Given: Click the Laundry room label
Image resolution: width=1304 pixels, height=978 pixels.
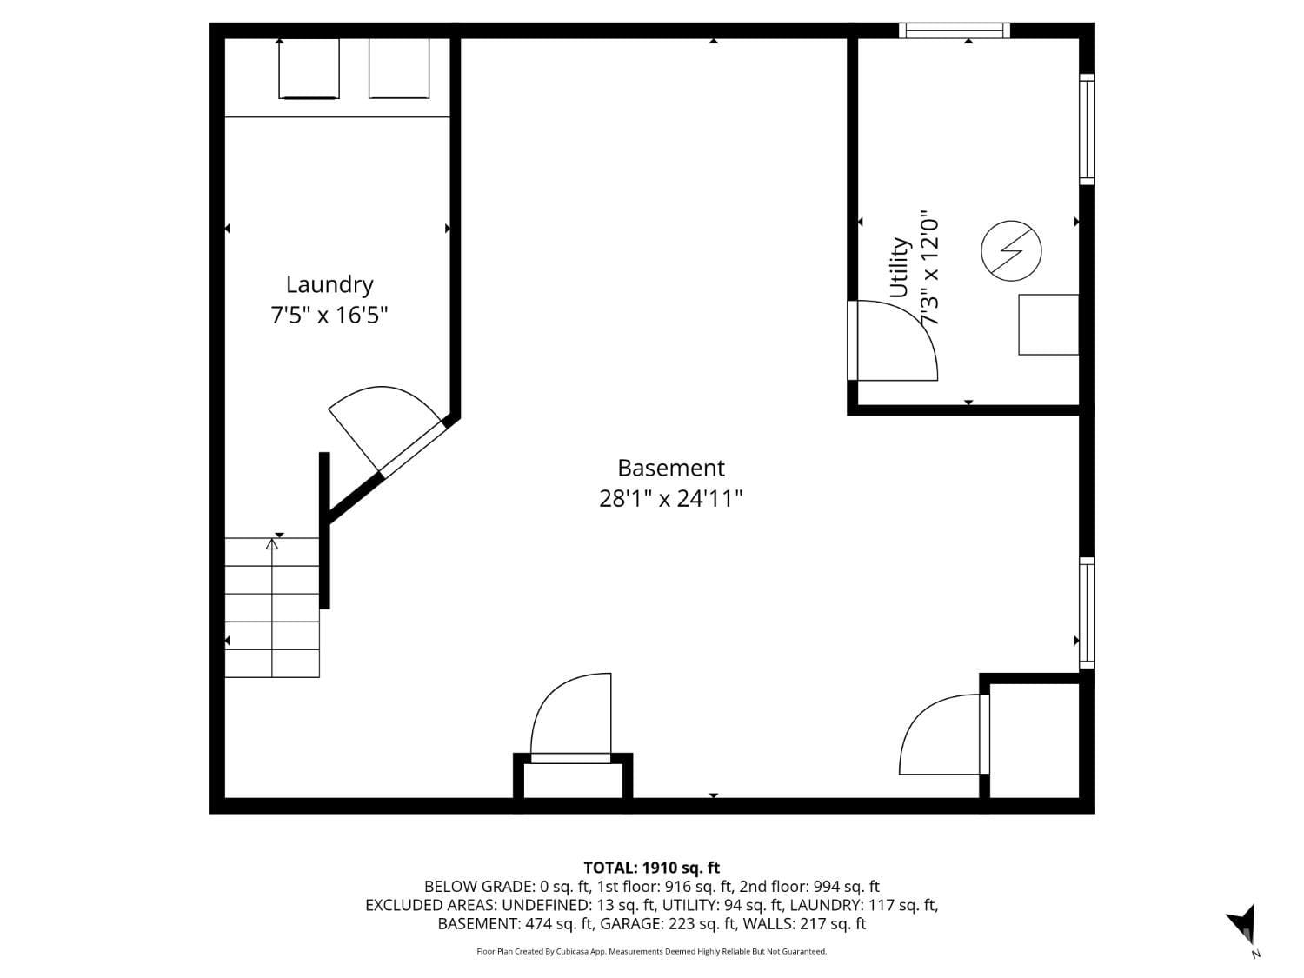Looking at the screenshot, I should pos(329,284).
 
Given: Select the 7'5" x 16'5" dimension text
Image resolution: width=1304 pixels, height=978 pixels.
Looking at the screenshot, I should pos(329,315).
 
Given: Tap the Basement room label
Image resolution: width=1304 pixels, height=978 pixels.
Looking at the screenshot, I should pos(670,468).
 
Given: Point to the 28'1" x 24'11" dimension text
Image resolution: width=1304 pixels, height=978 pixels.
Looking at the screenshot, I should pos(670,499).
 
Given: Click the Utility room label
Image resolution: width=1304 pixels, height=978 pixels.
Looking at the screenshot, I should pos(899,268).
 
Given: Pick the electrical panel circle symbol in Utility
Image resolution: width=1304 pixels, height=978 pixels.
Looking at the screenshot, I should pos(1011,251).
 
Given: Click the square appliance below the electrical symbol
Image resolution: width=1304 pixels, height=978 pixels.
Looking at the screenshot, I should pos(1048,324).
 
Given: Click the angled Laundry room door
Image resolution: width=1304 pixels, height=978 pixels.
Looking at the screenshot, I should pos(387,430).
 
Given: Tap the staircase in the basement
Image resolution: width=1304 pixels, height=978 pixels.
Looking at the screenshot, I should pos(272,608).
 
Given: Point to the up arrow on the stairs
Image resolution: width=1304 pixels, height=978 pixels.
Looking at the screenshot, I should pos(272,545).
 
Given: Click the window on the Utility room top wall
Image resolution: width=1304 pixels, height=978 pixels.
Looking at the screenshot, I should pos(954,30).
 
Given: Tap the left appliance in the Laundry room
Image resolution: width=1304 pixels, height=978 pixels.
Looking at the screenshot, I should pos(309,69).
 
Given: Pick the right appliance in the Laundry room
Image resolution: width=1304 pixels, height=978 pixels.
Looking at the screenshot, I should pos(399,69).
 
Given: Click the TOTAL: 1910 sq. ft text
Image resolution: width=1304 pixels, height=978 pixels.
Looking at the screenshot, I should pos(651,868).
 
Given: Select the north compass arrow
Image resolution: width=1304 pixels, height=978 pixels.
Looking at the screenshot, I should pos(1243,925).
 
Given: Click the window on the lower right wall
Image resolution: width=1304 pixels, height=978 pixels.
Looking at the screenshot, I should pos(1087,613).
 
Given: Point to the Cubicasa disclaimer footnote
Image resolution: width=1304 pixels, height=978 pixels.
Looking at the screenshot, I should pos(651,952).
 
